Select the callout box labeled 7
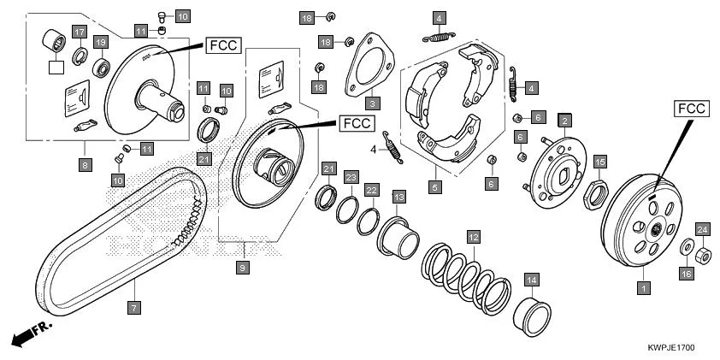click(x=133, y=305)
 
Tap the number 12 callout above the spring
click(x=473, y=236)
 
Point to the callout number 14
click(x=531, y=280)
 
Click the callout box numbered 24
click(x=702, y=228)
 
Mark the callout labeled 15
click(x=599, y=162)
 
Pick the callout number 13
click(x=398, y=198)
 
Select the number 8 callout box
click(x=84, y=164)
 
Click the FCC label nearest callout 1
click(x=690, y=109)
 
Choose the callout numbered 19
click(x=100, y=42)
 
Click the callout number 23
click(x=351, y=177)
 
